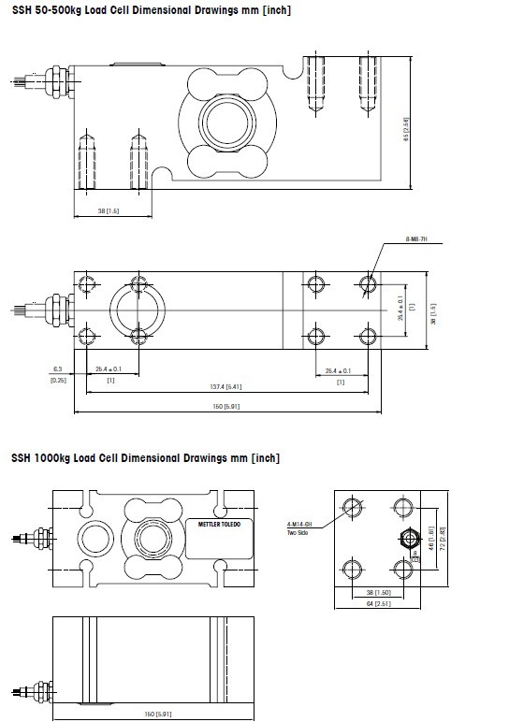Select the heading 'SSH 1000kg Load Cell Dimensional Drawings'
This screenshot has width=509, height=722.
click(145, 458)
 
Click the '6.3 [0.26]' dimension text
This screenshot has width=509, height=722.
click(57, 374)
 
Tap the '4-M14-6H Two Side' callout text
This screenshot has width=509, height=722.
click(299, 529)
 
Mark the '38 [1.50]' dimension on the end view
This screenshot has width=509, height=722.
click(377, 592)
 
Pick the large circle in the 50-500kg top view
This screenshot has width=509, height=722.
click(138, 309)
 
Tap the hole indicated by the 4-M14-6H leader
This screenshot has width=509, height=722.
click(353, 507)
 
